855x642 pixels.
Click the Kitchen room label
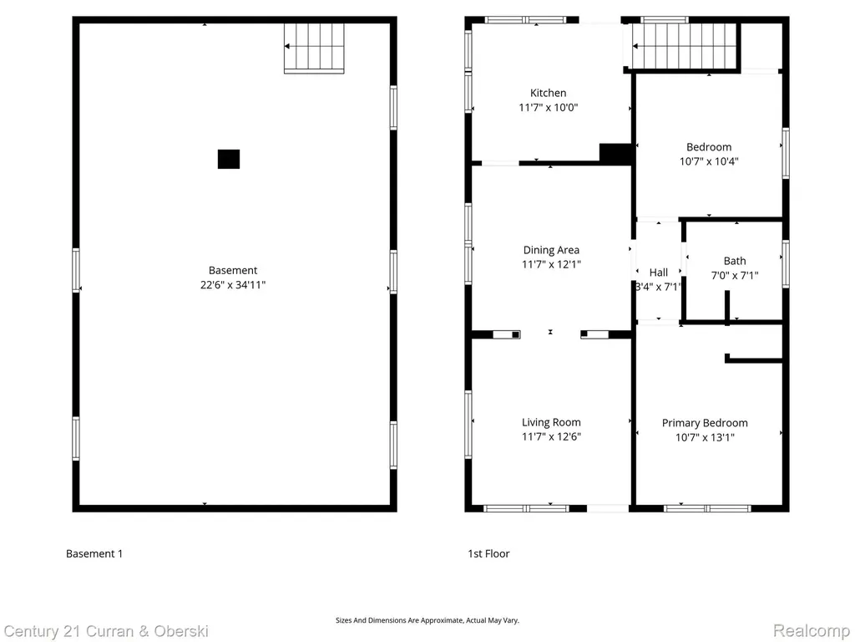[548, 93]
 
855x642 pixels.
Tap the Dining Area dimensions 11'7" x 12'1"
[551, 264]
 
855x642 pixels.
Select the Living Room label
[551, 422]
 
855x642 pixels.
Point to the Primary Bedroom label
[705, 422]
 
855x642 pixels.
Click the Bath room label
[735, 261]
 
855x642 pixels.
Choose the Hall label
[659, 272]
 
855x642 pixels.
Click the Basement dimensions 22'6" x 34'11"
[233, 284]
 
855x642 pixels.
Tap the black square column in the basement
[229, 159]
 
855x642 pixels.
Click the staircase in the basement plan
[314, 48]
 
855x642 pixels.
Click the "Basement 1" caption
[94, 553]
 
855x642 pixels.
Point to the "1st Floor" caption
[488, 553]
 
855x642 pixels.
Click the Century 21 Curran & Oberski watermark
[106, 632]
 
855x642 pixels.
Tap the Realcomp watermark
[812, 631]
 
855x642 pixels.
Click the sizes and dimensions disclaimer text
[427, 620]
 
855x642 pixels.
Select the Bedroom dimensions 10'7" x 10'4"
[709, 161]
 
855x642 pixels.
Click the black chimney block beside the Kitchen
[615, 153]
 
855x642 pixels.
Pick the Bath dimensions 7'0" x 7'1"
[735, 275]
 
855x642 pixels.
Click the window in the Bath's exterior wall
[785, 263]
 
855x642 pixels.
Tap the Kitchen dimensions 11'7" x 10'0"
[548, 107]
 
